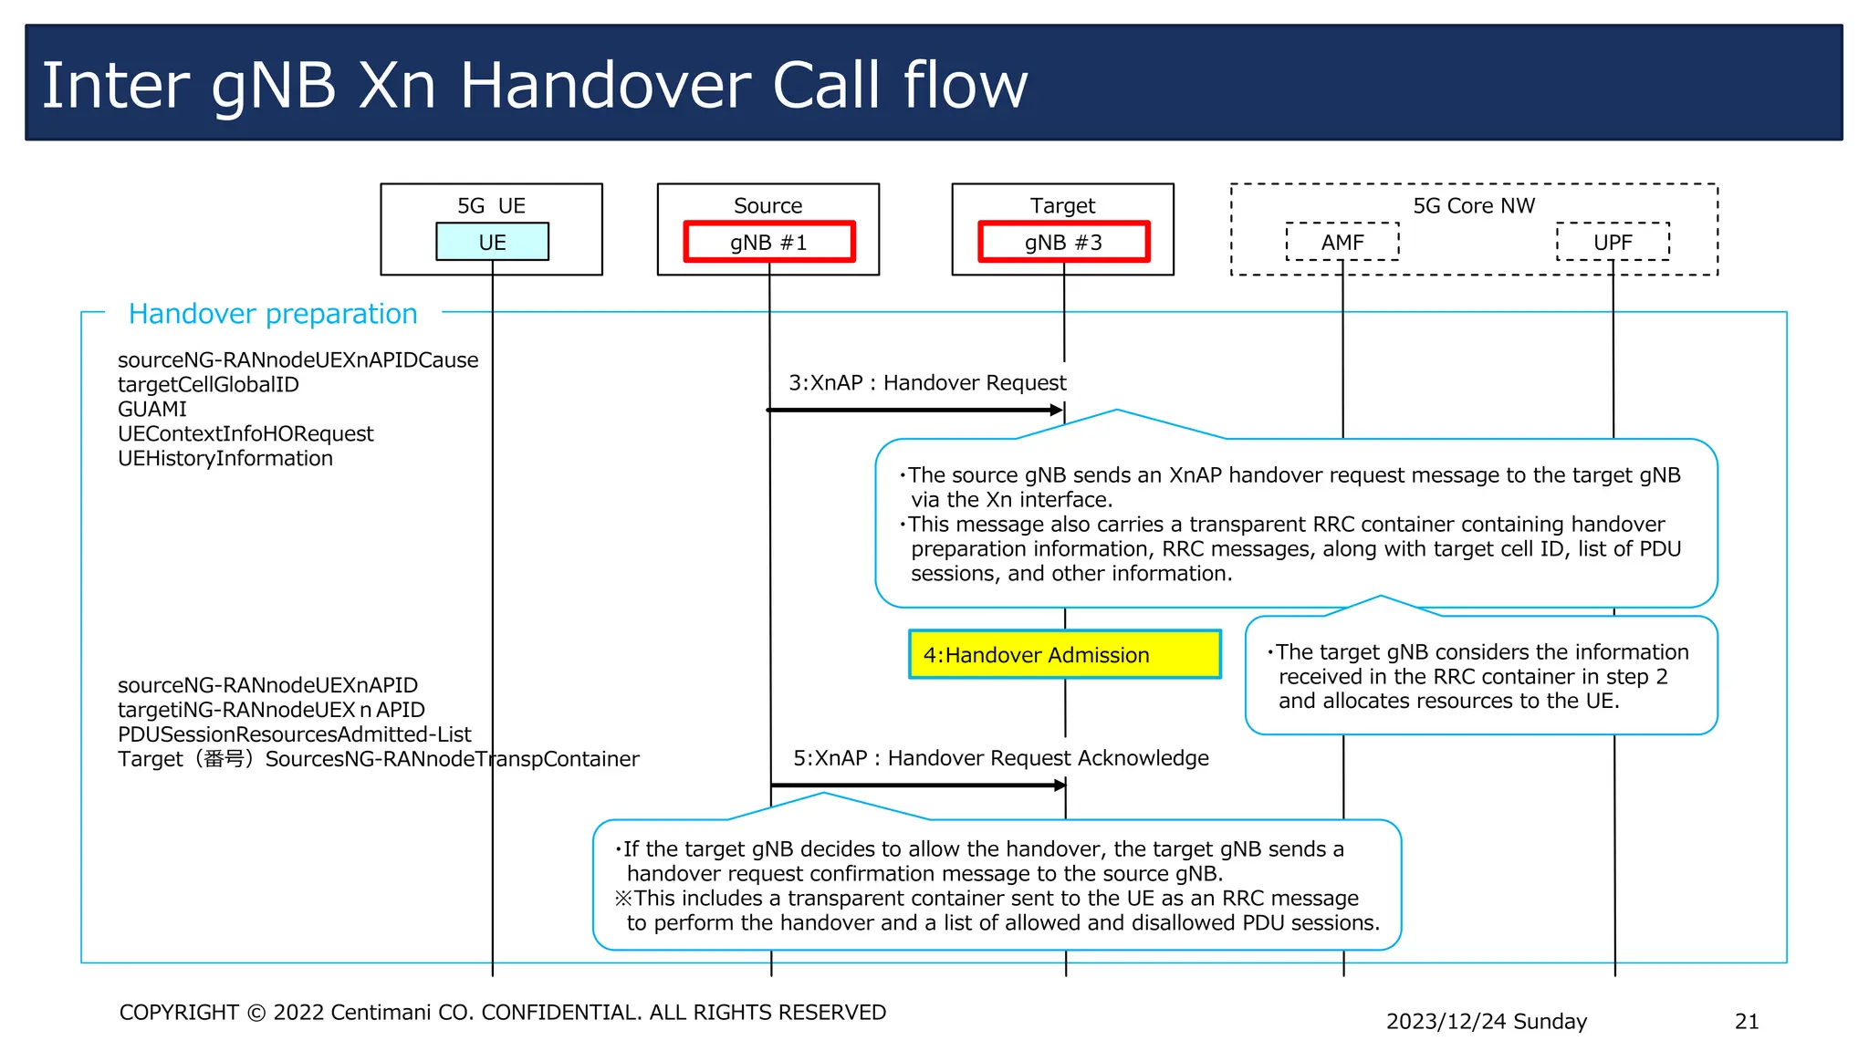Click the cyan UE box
point(492,242)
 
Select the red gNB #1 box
point(768,242)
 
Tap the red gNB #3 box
point(1063,242)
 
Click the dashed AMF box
point(1342,242)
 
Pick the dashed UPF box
point(1613,242)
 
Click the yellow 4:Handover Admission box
point(1064,654)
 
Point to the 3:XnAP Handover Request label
point(927,383)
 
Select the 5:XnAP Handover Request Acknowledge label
point(1000,758)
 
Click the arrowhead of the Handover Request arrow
point(1057,411)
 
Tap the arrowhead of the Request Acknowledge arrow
point(1060,785)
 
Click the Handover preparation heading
point(272,314)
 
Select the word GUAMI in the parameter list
point(151,409)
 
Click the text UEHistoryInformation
point(224,458)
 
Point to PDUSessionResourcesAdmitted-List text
point(294,734)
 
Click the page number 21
point(1746,1021)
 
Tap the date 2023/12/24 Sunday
point(1486,1021)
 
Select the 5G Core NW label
point(1474,205)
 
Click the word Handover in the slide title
point(607,86)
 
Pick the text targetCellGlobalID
point(208,384)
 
